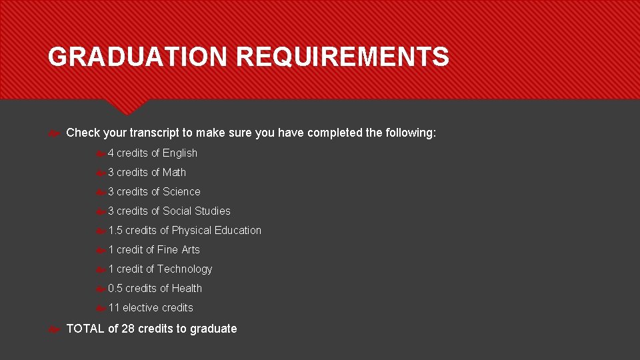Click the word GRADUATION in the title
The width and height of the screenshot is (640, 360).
137,57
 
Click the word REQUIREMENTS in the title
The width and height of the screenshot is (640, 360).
343,57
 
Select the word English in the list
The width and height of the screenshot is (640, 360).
180,153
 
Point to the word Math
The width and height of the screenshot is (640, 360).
175,173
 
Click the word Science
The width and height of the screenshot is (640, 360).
181,192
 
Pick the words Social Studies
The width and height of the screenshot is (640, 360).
197,211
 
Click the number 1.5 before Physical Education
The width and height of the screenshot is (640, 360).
115,231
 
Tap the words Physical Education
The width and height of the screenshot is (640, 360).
217,231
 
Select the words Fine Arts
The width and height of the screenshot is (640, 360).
178,250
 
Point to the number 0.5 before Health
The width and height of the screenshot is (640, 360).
115,289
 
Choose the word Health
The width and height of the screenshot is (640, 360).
187,289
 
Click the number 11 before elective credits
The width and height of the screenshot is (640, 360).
113,308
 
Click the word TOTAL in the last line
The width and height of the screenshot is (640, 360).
85,329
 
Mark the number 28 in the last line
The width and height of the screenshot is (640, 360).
128,329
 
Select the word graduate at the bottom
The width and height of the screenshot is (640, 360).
213,329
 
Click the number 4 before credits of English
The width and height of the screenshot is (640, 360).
111,153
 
